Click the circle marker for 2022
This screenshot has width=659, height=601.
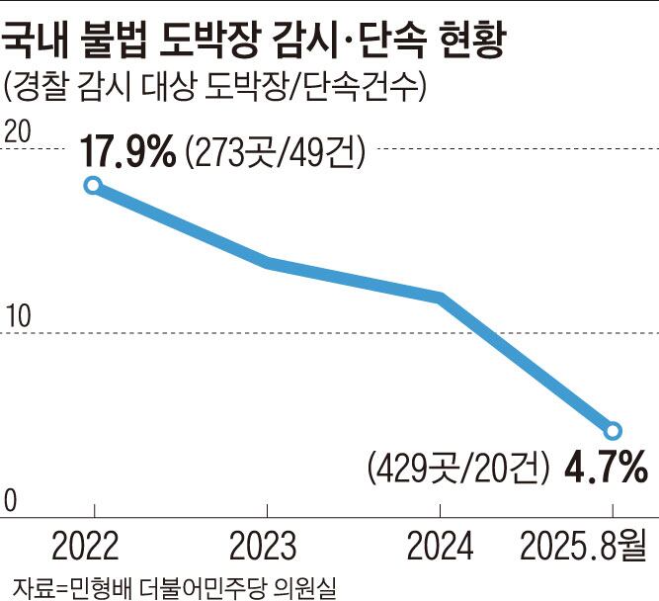[93, 185]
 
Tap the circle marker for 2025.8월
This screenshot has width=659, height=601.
[613, 430]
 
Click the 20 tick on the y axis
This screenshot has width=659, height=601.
[18, 131]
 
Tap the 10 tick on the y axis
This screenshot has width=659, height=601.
[18, 316]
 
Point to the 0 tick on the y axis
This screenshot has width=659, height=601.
[11, 501]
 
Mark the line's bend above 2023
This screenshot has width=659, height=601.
[268, 262]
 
